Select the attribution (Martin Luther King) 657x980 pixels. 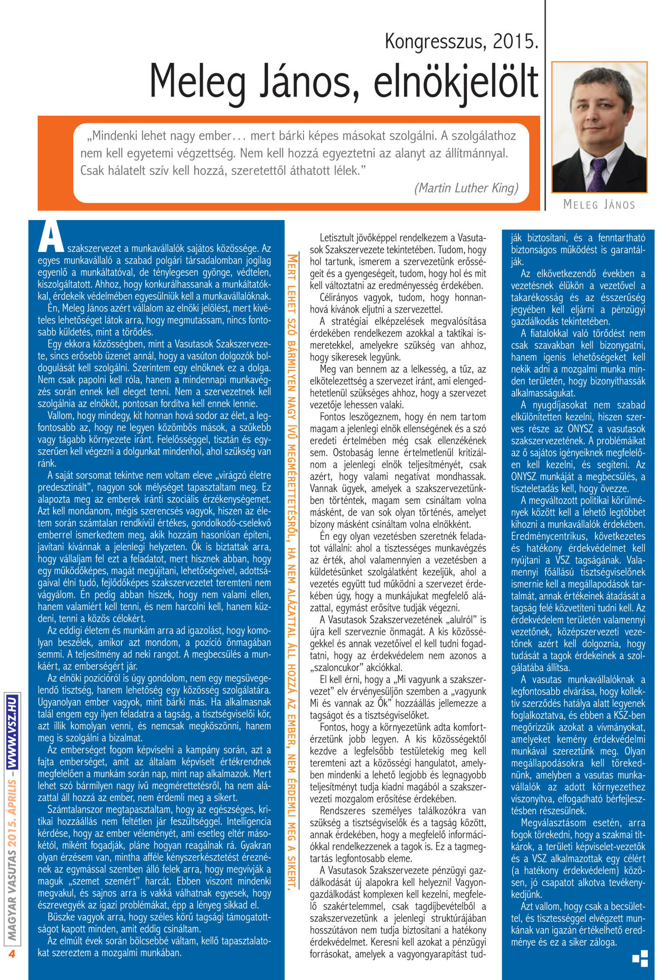(x=466, y=188)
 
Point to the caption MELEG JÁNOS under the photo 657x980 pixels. (x=599, y=204)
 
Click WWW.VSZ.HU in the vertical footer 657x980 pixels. (x=12, y=731)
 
